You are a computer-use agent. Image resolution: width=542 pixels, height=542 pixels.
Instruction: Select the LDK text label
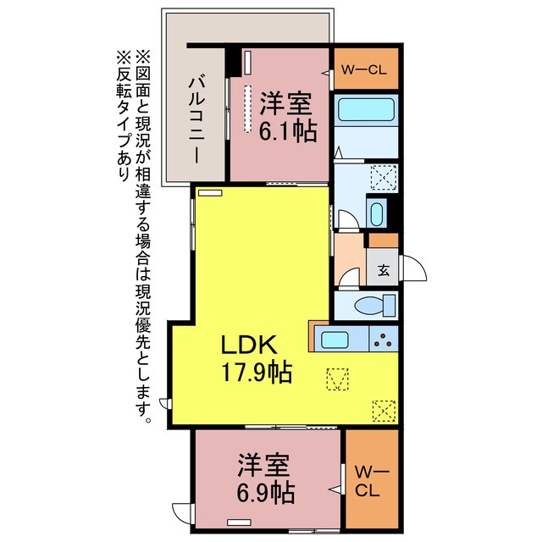coord(250,345)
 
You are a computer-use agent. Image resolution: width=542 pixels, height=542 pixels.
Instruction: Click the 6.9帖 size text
coord(264,490)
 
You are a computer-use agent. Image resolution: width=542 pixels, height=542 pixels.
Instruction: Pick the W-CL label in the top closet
coord(365,71)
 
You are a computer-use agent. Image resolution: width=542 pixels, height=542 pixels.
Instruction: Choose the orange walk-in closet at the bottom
coord(371,479)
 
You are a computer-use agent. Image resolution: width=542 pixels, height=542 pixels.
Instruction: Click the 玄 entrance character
coord(383,271)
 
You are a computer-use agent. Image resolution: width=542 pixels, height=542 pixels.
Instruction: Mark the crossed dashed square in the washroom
coord(383,177)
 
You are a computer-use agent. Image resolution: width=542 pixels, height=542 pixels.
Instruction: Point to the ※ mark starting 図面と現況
coord(141,57)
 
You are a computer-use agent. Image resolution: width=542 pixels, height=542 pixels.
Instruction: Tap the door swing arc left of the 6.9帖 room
coord(181,513)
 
